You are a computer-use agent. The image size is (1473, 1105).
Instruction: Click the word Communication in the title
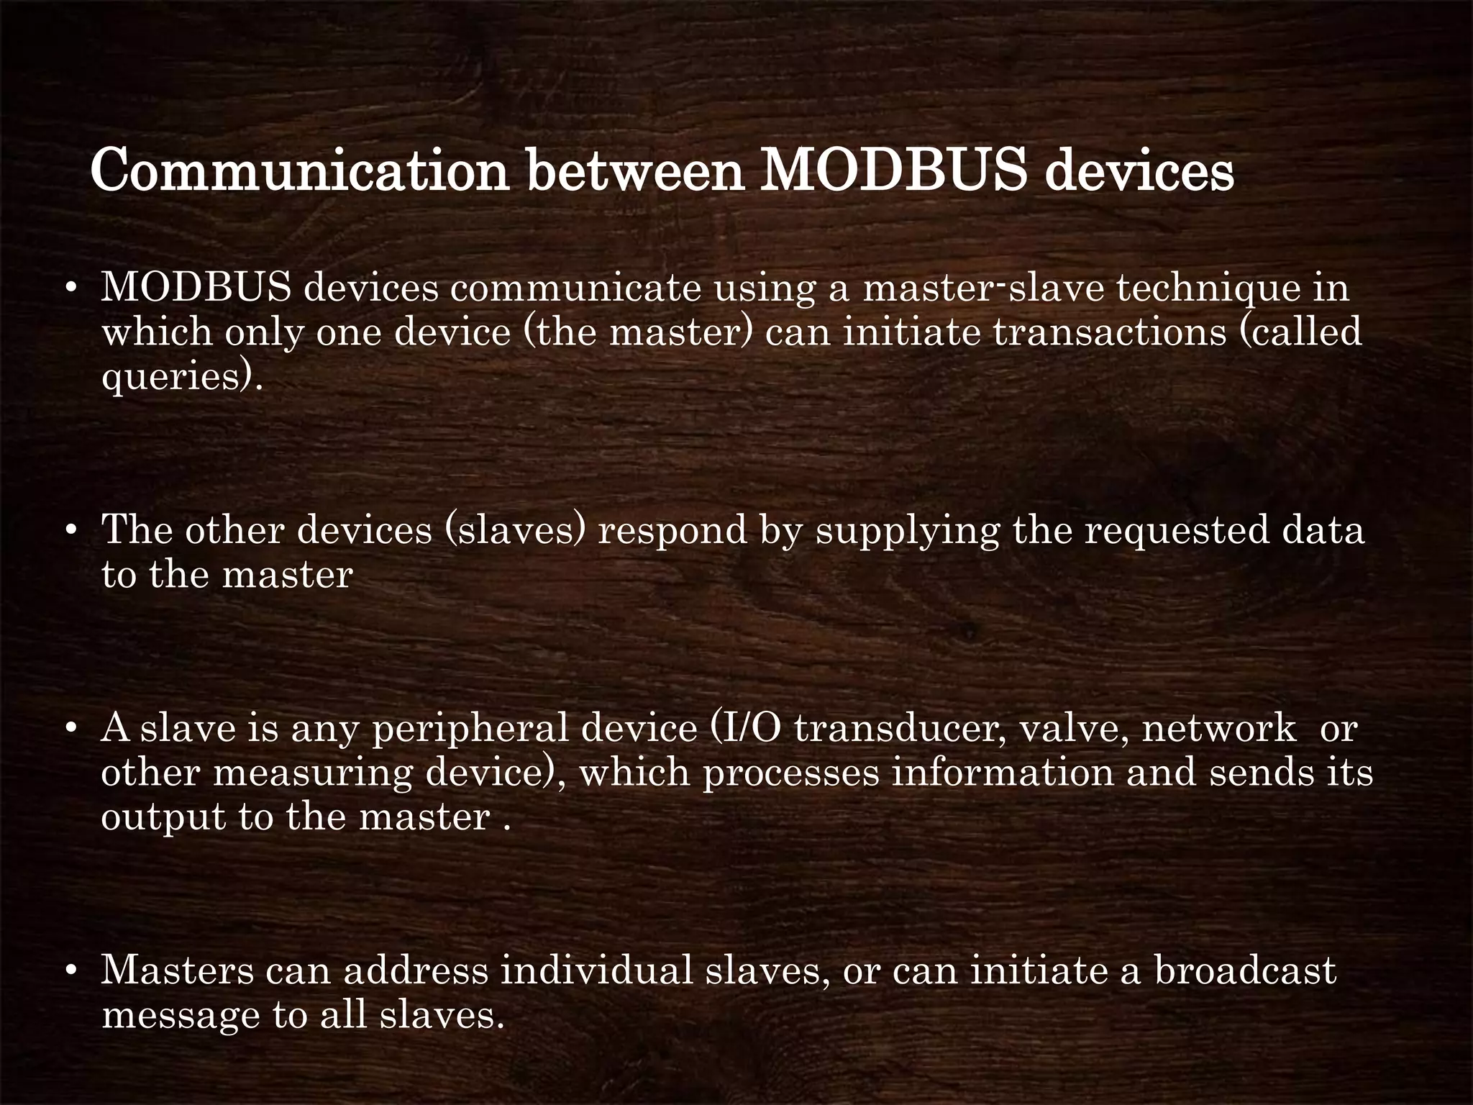[x=300, y=171]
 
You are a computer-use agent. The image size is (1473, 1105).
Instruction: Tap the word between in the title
[x=635, y=171]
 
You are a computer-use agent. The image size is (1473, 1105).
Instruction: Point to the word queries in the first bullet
[x=177, y=377]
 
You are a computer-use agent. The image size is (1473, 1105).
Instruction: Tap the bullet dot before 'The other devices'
[x=70, y=531]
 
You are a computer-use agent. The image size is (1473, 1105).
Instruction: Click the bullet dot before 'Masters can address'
[x=70, y=971]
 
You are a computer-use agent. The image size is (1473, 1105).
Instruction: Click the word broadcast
[x=1245, y=970]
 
